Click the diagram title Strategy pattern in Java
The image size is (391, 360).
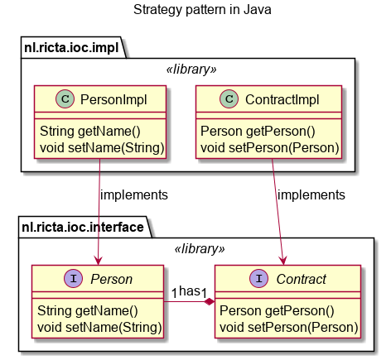tap(202, 10)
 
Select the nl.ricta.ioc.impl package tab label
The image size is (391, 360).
tap(71, 47)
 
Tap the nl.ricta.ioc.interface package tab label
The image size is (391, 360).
tap(83, 227)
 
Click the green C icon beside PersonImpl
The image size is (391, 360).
tap(65, 98)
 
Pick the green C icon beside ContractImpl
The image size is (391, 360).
tap(229, 98)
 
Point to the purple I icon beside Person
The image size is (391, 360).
tap(73, 278)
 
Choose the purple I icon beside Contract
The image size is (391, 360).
tap(258, 278)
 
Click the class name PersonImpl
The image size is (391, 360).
tap(113, 99)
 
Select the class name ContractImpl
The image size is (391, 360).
tap(282, 99)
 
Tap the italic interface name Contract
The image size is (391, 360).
tap(302, 279)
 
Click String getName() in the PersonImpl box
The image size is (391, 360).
tap(90, 132)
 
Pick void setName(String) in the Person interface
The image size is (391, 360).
tap(99, 328)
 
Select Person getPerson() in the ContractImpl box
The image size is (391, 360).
tap(258, 132)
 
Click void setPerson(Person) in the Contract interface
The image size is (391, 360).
tap(289, 328)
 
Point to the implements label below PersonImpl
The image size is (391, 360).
tap(134, 195)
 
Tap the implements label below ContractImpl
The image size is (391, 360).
tap(311, 195)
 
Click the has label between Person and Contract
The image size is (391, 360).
tap(190, 290)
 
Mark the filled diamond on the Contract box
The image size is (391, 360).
tap(210, 301)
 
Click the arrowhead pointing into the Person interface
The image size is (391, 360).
tap(98, 260)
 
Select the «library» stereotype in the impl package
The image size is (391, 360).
tap(191, 70)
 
